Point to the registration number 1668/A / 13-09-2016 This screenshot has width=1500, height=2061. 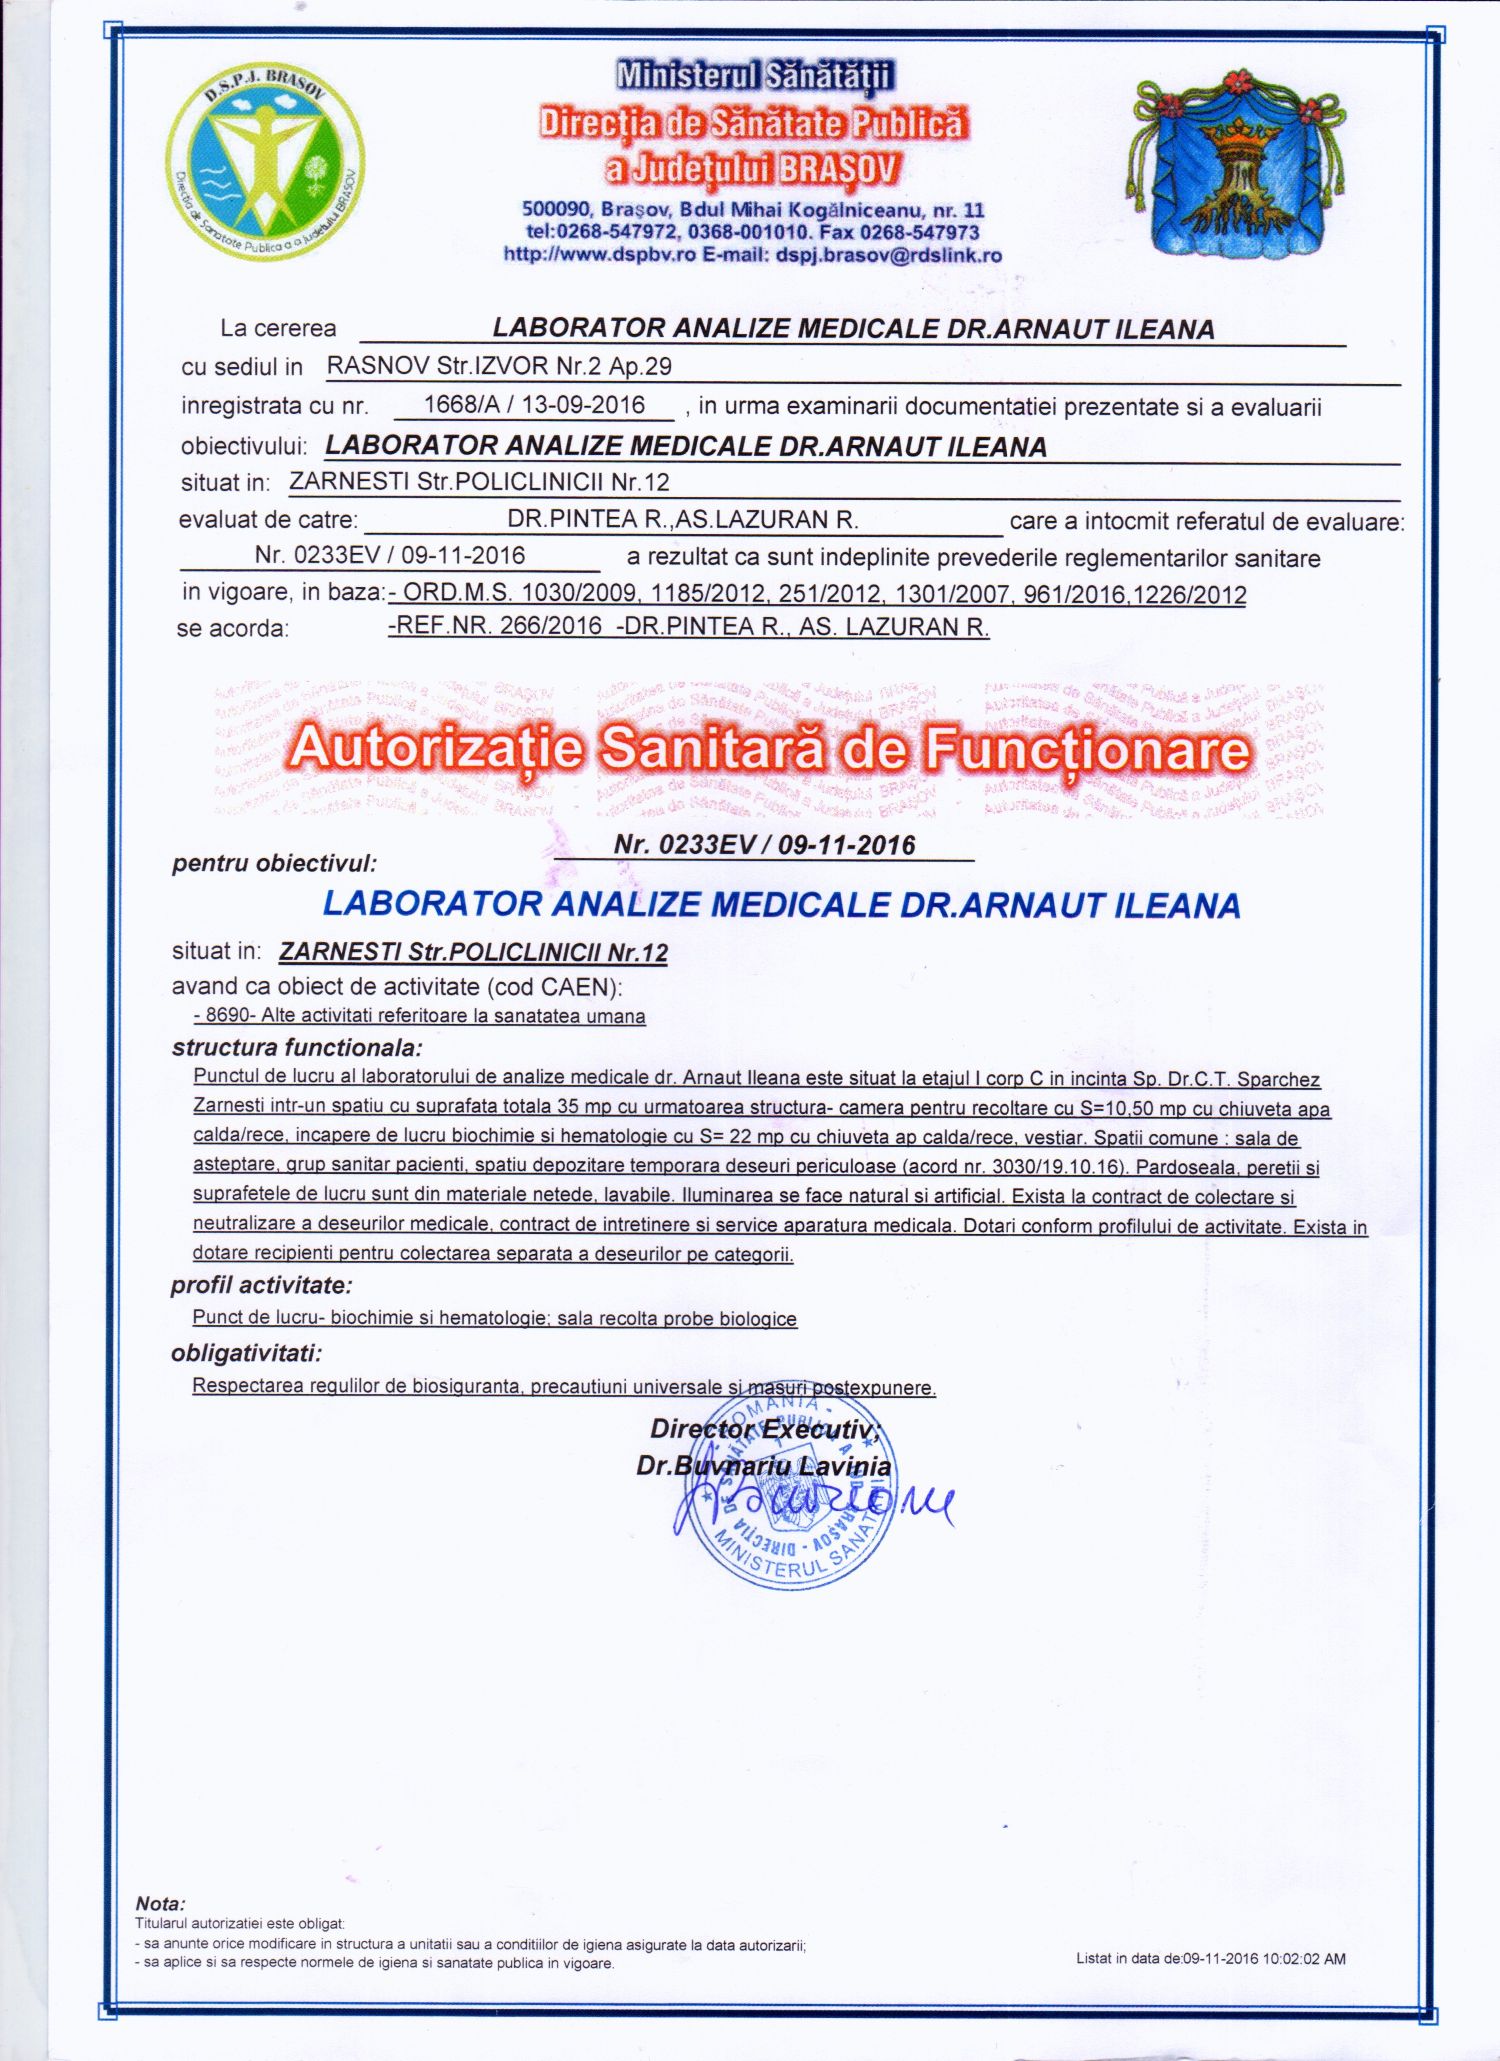point(534,405)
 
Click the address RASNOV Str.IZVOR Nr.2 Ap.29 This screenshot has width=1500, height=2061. point(499,366)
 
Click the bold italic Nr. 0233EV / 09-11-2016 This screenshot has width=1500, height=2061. point(764,845)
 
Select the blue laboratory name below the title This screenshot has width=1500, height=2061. point(781,905)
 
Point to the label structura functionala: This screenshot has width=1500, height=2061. point(297,1048)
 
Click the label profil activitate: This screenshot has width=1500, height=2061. point(261,1285)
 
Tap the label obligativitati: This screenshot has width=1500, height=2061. point(247,1354)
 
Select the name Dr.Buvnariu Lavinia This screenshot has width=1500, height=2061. point(763,1466)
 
